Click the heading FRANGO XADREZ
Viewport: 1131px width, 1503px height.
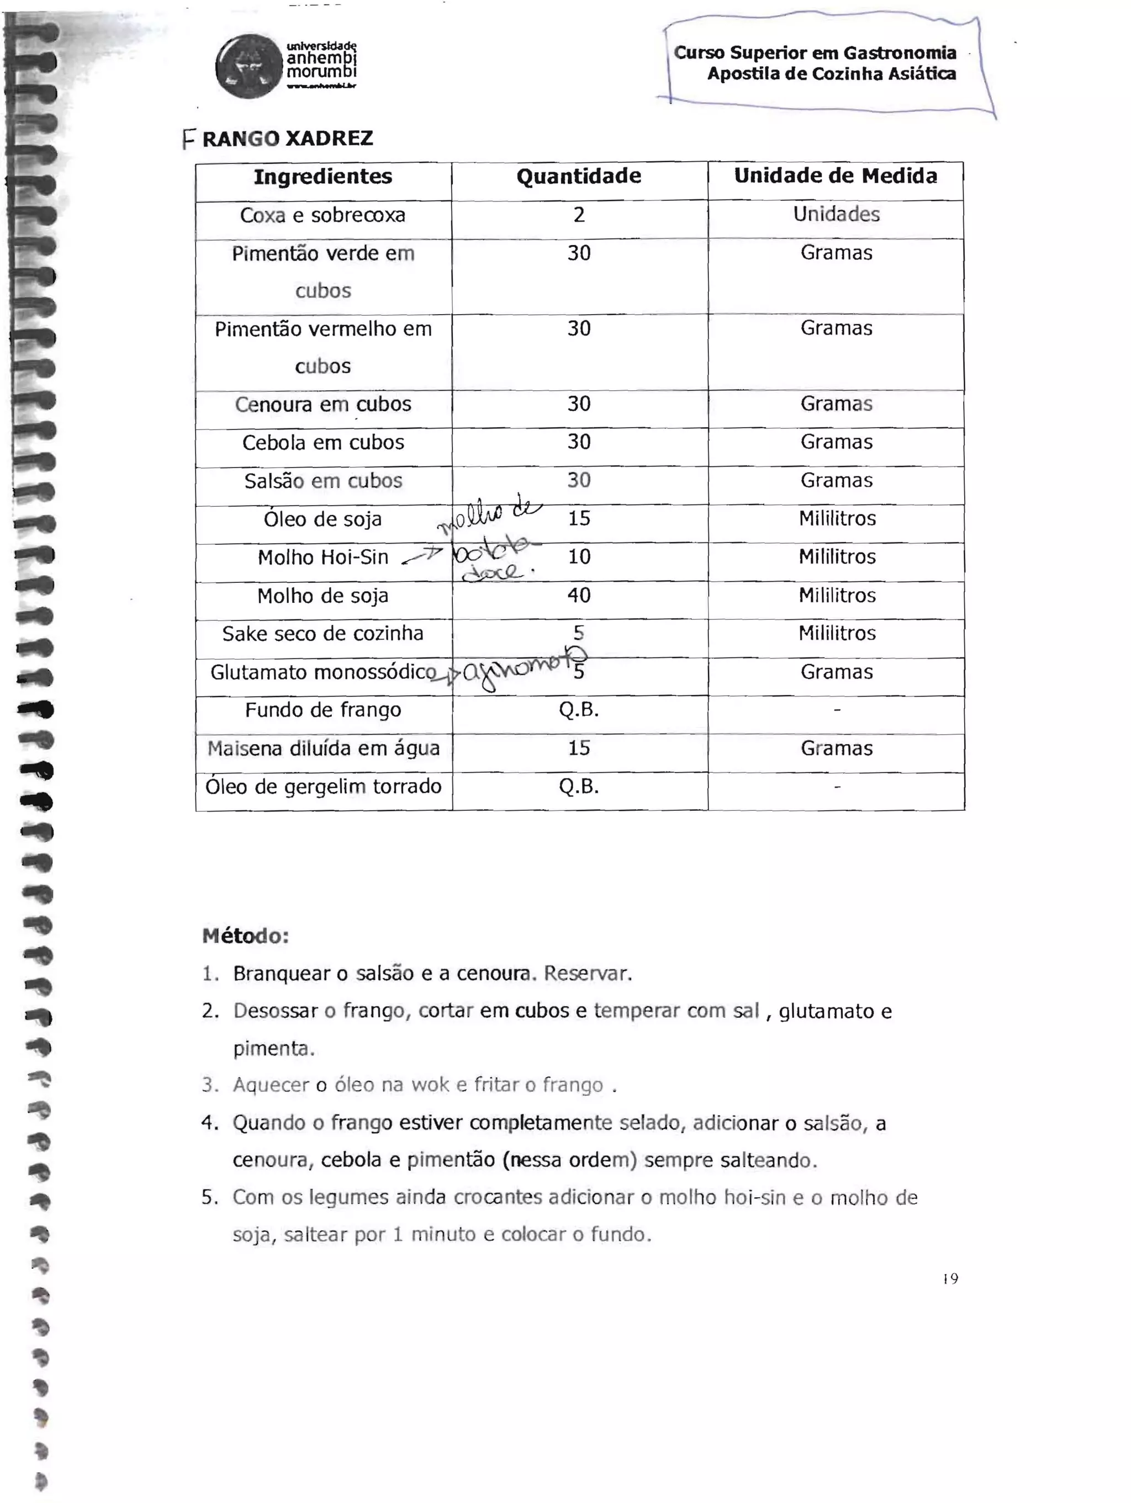click(279, 139)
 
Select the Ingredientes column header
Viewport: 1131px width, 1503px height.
click(323, 177)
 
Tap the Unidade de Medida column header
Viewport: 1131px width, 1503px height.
click(836, 176)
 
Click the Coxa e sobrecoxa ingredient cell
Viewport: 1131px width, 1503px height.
click(323, 215)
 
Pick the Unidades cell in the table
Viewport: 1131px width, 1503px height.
click(836, 215)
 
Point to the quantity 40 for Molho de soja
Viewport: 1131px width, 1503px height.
click(579, 595)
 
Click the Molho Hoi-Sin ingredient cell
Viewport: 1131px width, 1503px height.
click(323, 557)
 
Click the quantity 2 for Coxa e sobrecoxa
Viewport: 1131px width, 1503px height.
click(579, 215)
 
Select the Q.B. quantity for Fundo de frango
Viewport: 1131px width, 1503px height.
click(579, 710)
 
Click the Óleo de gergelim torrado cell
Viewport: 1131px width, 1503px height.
click(324, 787)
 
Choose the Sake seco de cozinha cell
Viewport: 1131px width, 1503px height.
click(323, 633)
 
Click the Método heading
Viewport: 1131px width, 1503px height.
click(245, 936)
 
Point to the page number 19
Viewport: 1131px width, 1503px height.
click(950, 1279)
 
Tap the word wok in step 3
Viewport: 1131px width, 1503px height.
click(430, 1085)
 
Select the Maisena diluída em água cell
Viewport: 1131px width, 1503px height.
click(324, 749)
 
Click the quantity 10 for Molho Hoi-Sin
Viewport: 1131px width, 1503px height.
click(579, 557)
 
